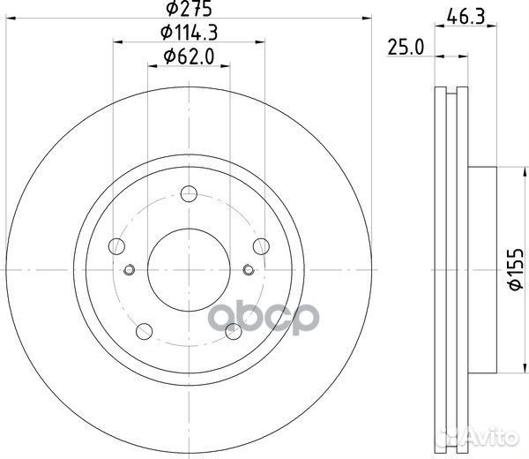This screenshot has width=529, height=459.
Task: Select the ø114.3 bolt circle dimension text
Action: (187, 34)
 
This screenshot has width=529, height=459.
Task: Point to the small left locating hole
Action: (130, 270)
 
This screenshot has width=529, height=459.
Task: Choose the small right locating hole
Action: (248, 270)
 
